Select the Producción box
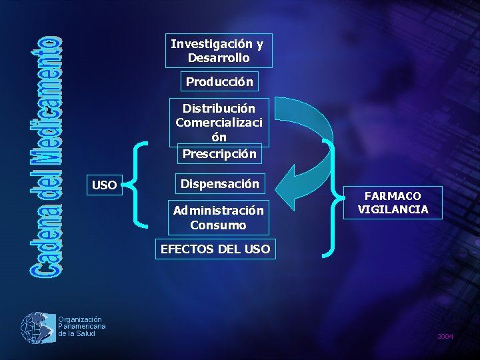[x=219, y=82]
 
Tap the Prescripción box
[x=219, y=153]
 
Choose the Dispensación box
[x=219, y=183]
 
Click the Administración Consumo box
[x=219, y=217]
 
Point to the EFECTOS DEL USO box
[x=215, y=249]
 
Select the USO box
[x=103, y=185]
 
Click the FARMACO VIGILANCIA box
[x=393, y=203]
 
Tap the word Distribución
[x=219, y=108]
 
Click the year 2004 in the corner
[x=445, y=337]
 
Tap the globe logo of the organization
[x=38, y=328]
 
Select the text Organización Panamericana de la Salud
[x=81, y=326]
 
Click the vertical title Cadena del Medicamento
[x=45, y=157]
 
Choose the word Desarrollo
[x=219, y=58]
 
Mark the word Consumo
[x=218, y=225]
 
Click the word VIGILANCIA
[x=393, y=209]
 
